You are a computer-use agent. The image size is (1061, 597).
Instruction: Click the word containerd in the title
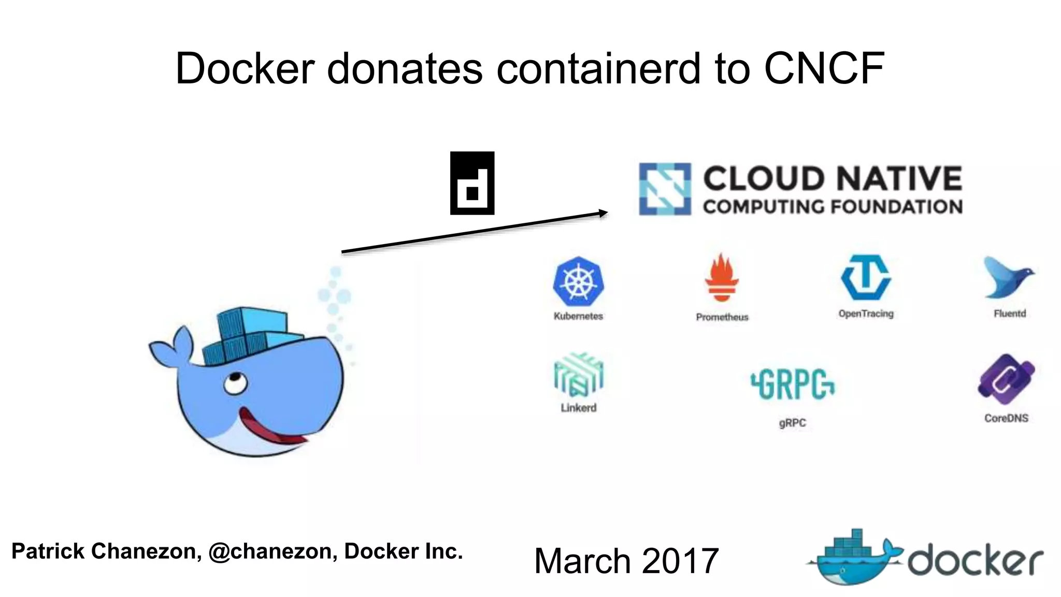pos(598,68)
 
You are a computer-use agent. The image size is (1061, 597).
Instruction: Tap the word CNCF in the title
pos(824,68)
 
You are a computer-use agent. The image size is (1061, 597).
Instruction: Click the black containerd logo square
pos(472,183)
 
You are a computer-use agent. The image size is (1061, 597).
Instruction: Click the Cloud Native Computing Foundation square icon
pos(665,189)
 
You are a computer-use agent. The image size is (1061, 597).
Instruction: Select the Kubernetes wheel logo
pos(578,281)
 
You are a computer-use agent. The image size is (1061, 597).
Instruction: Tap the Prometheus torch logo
pos(721,278)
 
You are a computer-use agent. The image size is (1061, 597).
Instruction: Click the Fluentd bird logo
pos(1007,278)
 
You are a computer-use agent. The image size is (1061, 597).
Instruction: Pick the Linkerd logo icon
pos(578,374)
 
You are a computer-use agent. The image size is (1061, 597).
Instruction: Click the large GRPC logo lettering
pos(793,384)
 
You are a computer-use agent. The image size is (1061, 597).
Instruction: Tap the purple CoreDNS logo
pos(1006,380)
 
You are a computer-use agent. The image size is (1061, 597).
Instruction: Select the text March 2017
pos(626,561)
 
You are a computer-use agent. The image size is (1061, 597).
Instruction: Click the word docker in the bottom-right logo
pos(975,560)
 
